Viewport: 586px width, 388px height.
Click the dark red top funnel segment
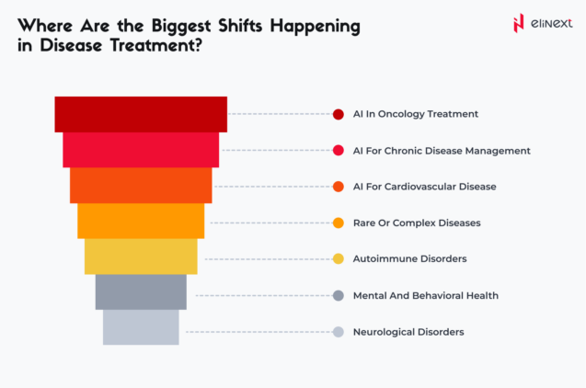click(x=141, y=113)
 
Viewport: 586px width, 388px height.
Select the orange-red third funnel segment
click(x=141, y=185)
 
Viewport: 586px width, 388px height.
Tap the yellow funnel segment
click(x=141, y=257)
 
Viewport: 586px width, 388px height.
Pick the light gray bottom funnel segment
click(x=141, y=327)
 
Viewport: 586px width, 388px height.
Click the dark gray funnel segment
click(x=141, y=291)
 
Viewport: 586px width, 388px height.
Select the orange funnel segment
click(x=141, y=221)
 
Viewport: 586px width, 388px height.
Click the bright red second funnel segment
click(x=141, y=149)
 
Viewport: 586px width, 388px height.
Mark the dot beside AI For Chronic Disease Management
click(x=338, y=150)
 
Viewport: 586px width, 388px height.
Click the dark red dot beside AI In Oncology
click(x=338, y=114)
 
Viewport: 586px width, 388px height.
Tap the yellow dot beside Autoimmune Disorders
click(x=338, y=258)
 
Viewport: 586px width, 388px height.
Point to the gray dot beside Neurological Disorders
click(x=338, y=331)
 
